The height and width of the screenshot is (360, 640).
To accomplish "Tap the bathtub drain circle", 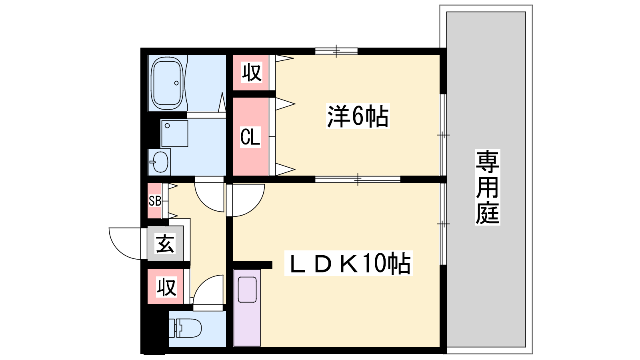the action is (176, 83).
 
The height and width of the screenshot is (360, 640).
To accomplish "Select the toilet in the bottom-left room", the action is (185, 328).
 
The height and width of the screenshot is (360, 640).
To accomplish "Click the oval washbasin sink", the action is (160, 162).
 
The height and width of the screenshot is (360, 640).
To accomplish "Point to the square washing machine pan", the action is (174, 134).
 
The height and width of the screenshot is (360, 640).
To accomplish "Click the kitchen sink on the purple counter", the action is (247, 290).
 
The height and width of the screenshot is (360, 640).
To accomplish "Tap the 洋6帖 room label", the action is (358, 116).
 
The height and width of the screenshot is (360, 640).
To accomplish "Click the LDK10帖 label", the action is (348, 263).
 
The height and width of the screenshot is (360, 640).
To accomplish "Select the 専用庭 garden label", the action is (488, 187).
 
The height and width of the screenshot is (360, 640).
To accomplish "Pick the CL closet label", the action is (250, 137).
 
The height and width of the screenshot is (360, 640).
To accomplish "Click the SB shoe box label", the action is (155, 201).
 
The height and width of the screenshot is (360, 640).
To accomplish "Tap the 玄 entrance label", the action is (165, 243).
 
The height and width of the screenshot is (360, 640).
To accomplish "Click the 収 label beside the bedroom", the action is (252, 72).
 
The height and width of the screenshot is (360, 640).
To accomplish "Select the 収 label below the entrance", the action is (166, 287).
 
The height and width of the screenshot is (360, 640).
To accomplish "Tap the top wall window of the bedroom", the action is (336, 51).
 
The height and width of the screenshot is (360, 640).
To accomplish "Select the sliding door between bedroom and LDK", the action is (358, 180).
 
